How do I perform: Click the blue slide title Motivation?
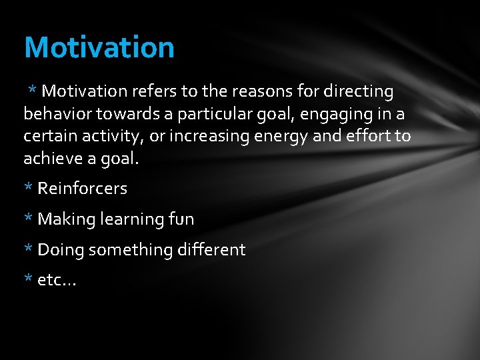click(99, 47)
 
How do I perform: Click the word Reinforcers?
click(82, 189)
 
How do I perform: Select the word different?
click(211, 250)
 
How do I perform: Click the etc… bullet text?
click(57, 281)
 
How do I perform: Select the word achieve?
click(51, 159)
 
